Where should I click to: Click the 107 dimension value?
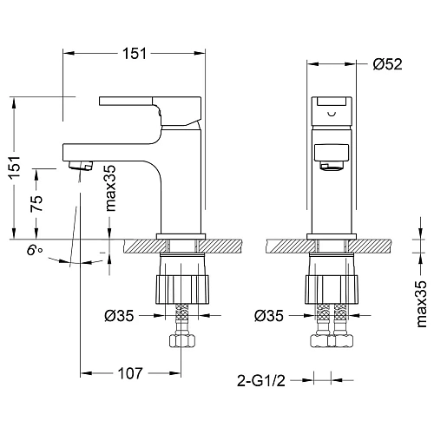click(x=130, y=375)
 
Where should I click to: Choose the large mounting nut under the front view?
click(x=332, y=286)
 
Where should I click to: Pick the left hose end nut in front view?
click(x=319, y=338)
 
